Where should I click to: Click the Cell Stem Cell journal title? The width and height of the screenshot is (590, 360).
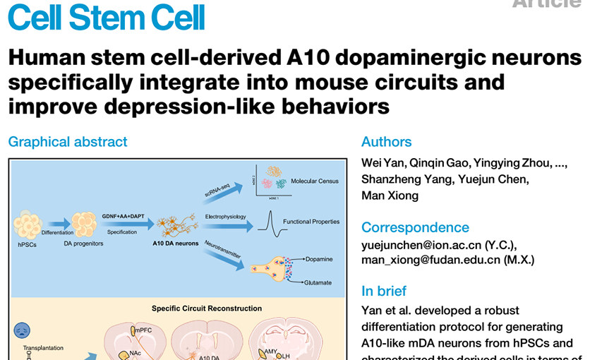(106, 17)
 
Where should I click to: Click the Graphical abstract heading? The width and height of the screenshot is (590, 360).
(68, 142)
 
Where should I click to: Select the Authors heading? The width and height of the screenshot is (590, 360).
(386, 142)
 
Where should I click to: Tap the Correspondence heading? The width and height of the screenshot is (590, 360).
(415, 227)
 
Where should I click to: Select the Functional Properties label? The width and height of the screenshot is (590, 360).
(311, 222)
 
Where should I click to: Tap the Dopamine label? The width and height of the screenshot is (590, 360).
(319, 259)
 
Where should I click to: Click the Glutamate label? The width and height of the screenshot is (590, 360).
(318, 282)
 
